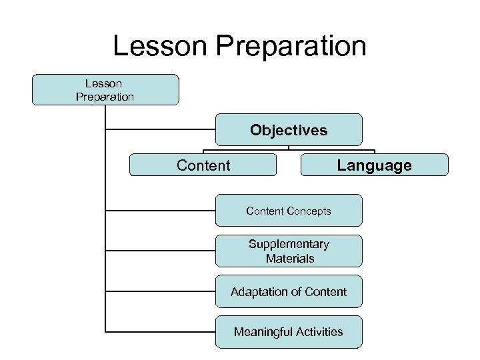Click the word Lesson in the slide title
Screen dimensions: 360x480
[155, 46]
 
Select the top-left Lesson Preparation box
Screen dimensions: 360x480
[105, 90]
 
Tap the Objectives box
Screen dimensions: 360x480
[289, 130]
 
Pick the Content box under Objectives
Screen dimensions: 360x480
[203, 165]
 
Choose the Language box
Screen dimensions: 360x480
[374, 165]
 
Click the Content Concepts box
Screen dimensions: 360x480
[289, 211]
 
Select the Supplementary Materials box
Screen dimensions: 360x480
[289, 251]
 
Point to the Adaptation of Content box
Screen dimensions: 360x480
[289, 291]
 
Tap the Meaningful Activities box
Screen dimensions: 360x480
[289, 331]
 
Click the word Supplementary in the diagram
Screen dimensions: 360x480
[289, 244]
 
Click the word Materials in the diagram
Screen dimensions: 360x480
[289, 258]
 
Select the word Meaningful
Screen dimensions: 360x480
[261, 331]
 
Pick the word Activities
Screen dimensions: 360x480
[318, 331]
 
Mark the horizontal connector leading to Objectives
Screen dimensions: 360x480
[160, 129]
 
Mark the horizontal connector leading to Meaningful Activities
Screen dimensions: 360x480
[160, 331]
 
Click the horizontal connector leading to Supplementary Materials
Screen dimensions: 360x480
[160, 251]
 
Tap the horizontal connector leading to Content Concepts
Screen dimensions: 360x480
[160, 211]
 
